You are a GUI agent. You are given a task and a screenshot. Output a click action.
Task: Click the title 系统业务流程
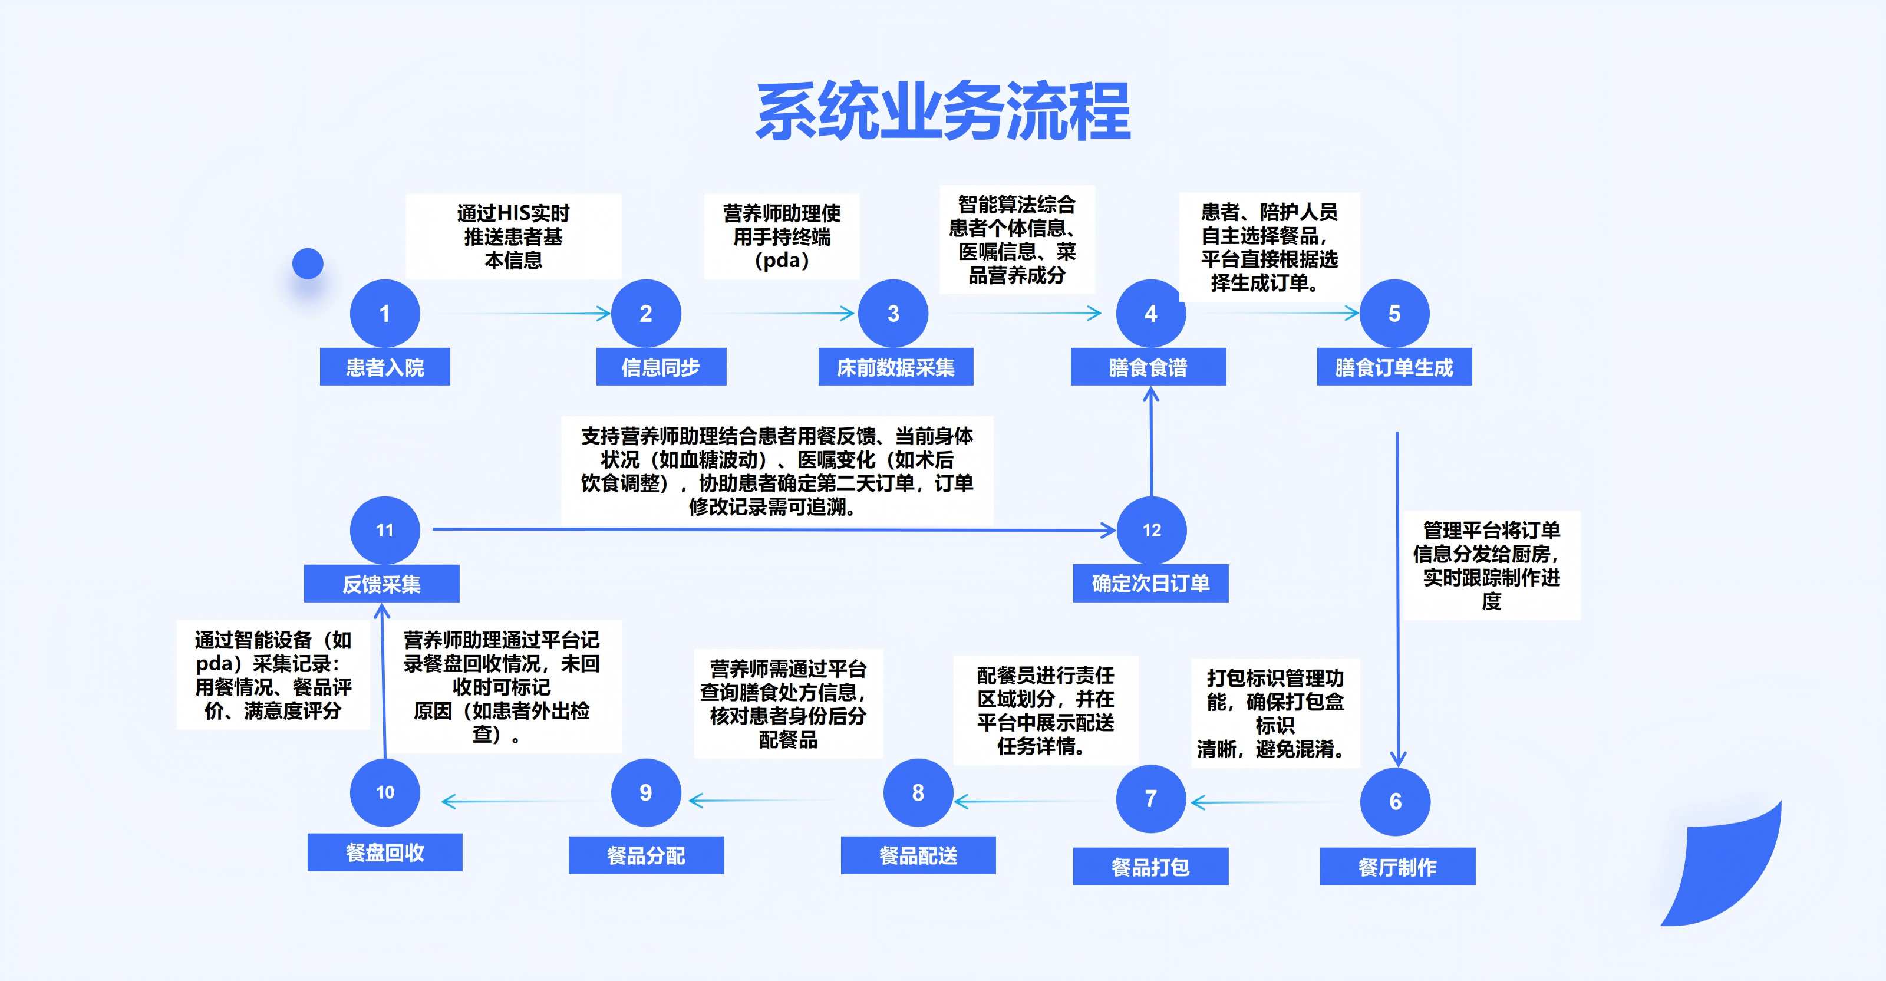click(943, 111)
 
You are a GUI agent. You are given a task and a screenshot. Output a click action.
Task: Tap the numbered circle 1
click(384, 313)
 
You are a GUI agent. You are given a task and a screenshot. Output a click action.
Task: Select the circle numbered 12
click(1151, 530)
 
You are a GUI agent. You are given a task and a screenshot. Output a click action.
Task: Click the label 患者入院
click(384, 367)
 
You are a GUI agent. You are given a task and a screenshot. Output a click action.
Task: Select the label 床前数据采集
click(895, 367)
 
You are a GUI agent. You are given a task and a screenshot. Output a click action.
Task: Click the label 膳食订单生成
click(1394, 367)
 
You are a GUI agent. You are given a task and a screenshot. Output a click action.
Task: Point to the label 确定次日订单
click(1150, 584)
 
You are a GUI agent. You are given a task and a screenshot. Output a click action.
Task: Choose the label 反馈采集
click(381, 584)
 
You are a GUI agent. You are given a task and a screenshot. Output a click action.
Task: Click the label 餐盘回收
click(384, 852)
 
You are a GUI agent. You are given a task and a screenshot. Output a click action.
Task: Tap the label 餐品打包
click(1150, 867)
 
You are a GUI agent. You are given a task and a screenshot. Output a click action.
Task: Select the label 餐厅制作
click(1397, 867)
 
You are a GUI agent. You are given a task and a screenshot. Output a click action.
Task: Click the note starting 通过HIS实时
click(513, 236)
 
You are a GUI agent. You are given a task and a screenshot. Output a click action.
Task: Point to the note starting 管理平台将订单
click(1491, 565)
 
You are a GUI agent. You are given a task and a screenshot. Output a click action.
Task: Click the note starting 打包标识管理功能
click(1275, 713)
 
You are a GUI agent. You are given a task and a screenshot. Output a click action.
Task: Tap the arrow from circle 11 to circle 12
click(769, 529)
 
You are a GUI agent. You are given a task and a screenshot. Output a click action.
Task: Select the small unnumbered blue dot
click(308, 264)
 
